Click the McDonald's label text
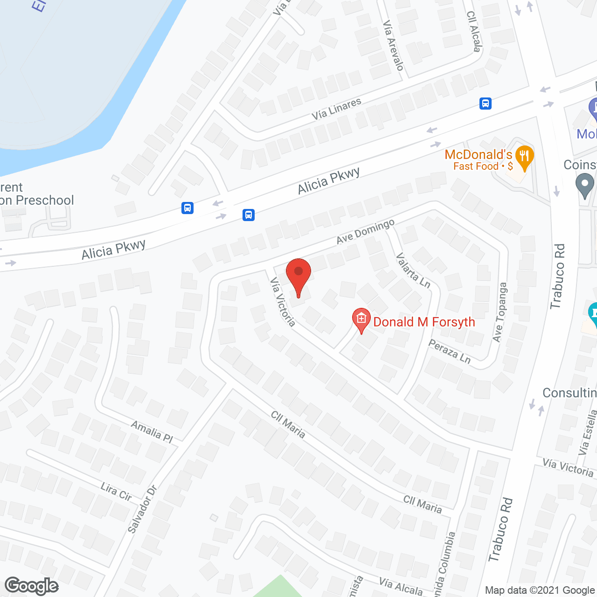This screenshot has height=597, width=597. point(479,155)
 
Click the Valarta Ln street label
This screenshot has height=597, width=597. point(413,271)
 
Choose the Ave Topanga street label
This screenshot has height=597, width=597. point(500,312)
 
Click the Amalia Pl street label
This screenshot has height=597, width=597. point(152,431)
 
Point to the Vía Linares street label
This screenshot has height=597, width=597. point(336,109)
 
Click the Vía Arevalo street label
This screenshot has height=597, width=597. point(393,45)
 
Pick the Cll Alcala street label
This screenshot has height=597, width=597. point(473,31)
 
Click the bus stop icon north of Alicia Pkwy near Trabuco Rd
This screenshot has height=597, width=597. point(486,103)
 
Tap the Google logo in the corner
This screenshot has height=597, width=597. point(32,586)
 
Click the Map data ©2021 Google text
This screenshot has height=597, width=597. point(540,590)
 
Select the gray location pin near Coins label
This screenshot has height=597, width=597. point(584,185)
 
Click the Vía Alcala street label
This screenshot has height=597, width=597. point(401,586)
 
